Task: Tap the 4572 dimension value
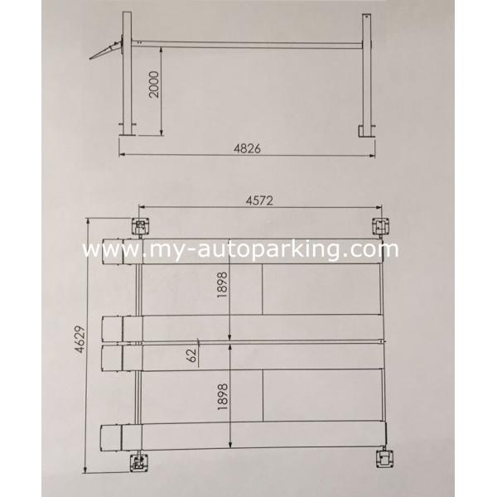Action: [x=258, y=199]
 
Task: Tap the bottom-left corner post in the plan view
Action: [x=139, y=461]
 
